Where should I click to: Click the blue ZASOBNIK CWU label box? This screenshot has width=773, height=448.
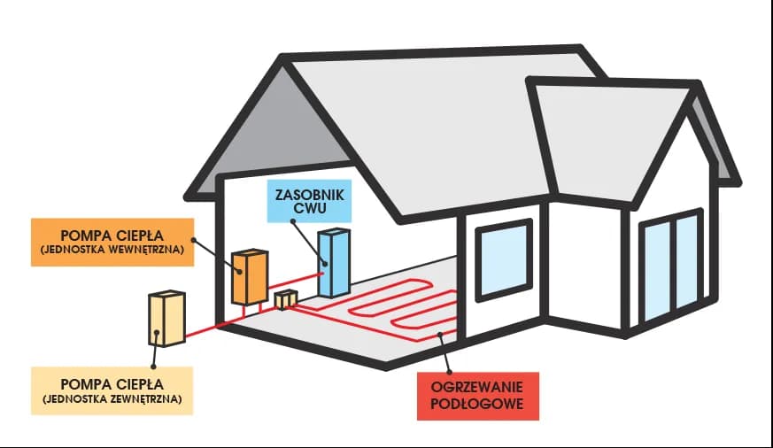point(309,203)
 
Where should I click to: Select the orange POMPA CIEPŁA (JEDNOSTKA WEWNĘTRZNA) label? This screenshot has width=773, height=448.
point(112,242)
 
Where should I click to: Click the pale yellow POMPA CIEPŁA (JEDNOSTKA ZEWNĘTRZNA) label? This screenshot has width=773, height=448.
point(112,391)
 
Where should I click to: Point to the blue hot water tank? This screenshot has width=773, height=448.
point(335,264)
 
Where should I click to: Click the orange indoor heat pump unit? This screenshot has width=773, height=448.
point(249,278)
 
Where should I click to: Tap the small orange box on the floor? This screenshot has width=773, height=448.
point(285,301)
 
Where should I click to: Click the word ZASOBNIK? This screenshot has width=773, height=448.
point(309,194)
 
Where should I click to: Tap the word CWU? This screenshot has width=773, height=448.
point(309,211)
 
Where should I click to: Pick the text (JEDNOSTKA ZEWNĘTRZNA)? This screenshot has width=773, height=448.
point(112,400)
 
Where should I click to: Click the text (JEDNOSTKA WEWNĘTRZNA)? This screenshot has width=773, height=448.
point(112,251)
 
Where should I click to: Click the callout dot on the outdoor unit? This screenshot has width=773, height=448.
point(157,334)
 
